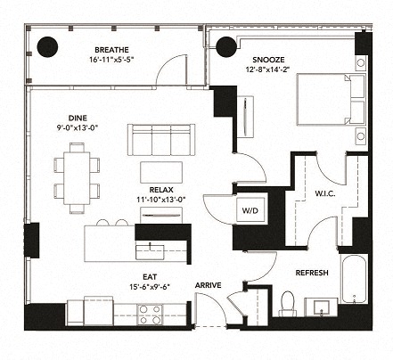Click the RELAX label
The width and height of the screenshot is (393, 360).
(160, 189)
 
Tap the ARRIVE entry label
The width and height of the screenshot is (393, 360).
(209, 286)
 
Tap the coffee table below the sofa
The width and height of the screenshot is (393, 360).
(161, 171)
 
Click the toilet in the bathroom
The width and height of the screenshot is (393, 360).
(287, 304)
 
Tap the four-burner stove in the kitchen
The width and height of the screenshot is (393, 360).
(150, 313)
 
